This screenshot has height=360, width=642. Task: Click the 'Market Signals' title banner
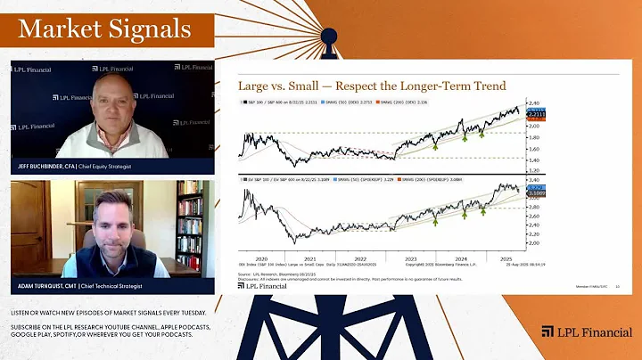click(105, 29)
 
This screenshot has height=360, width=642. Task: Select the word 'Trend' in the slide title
click(486, 86)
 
